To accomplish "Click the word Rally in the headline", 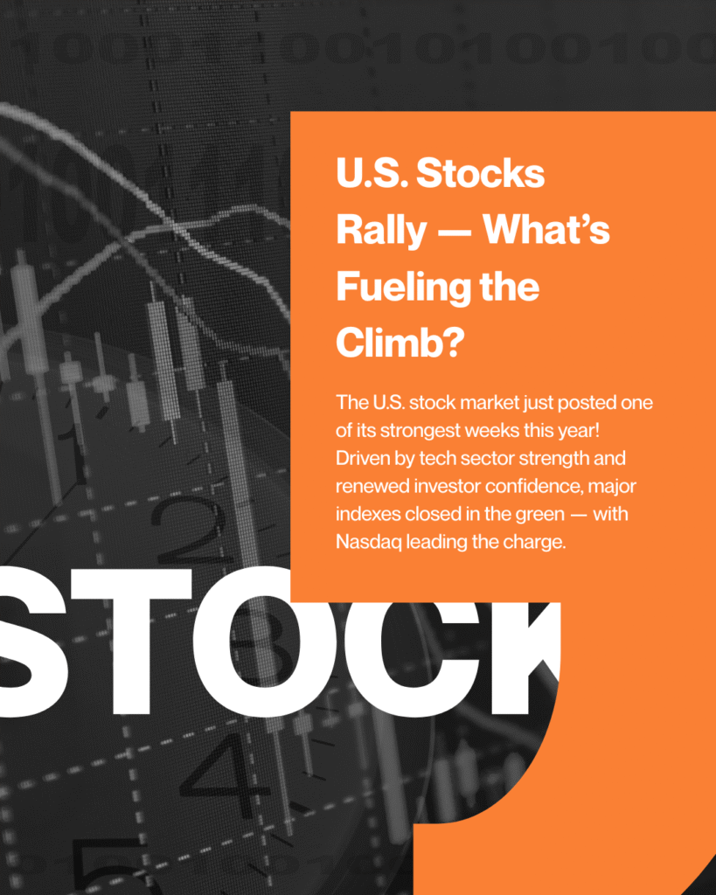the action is [x=381, y=231].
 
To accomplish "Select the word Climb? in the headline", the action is [x=400, y=342].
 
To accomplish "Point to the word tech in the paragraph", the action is [x=437, y=458].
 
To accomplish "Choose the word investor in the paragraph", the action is [x=447, y=486].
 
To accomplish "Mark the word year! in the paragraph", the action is [x=579, y=431].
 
